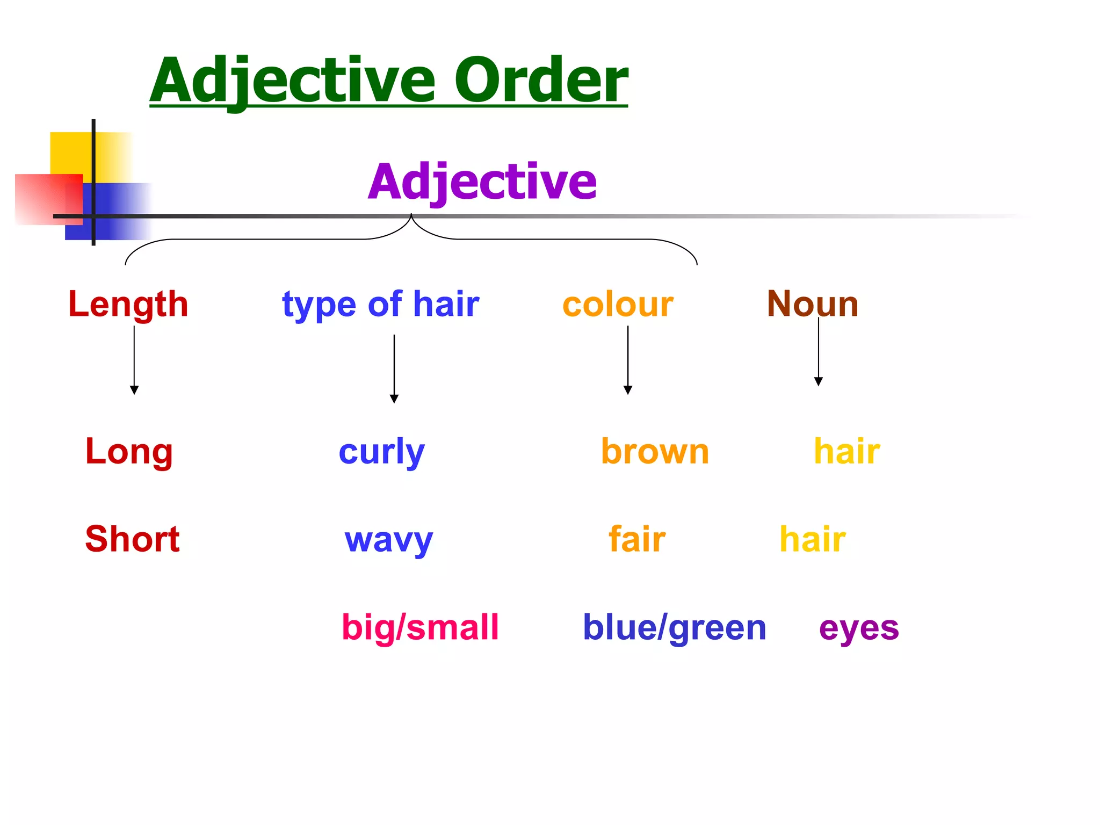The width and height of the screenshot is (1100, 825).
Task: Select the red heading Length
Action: (x=128, y=305)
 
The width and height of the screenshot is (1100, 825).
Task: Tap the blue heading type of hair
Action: (x=380, y=305)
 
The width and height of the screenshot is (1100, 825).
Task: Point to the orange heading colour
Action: (x=618, y=305)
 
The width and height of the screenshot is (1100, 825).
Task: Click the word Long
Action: (x=129, y=452)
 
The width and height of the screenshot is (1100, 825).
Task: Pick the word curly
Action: (x=381, y=453)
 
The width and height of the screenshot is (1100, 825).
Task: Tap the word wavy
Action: (x=388, y=540)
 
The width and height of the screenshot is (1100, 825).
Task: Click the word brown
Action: (x=655, y=452)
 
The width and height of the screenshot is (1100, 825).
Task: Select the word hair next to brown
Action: (x=847, y=452)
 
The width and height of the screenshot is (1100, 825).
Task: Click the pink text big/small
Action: (x=421, y=627)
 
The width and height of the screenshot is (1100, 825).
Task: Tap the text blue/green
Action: (x=675, y=628)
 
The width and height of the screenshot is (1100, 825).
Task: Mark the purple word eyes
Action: (x=859, y=628)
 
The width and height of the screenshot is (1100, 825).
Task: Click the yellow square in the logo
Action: (x=70, y=153)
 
